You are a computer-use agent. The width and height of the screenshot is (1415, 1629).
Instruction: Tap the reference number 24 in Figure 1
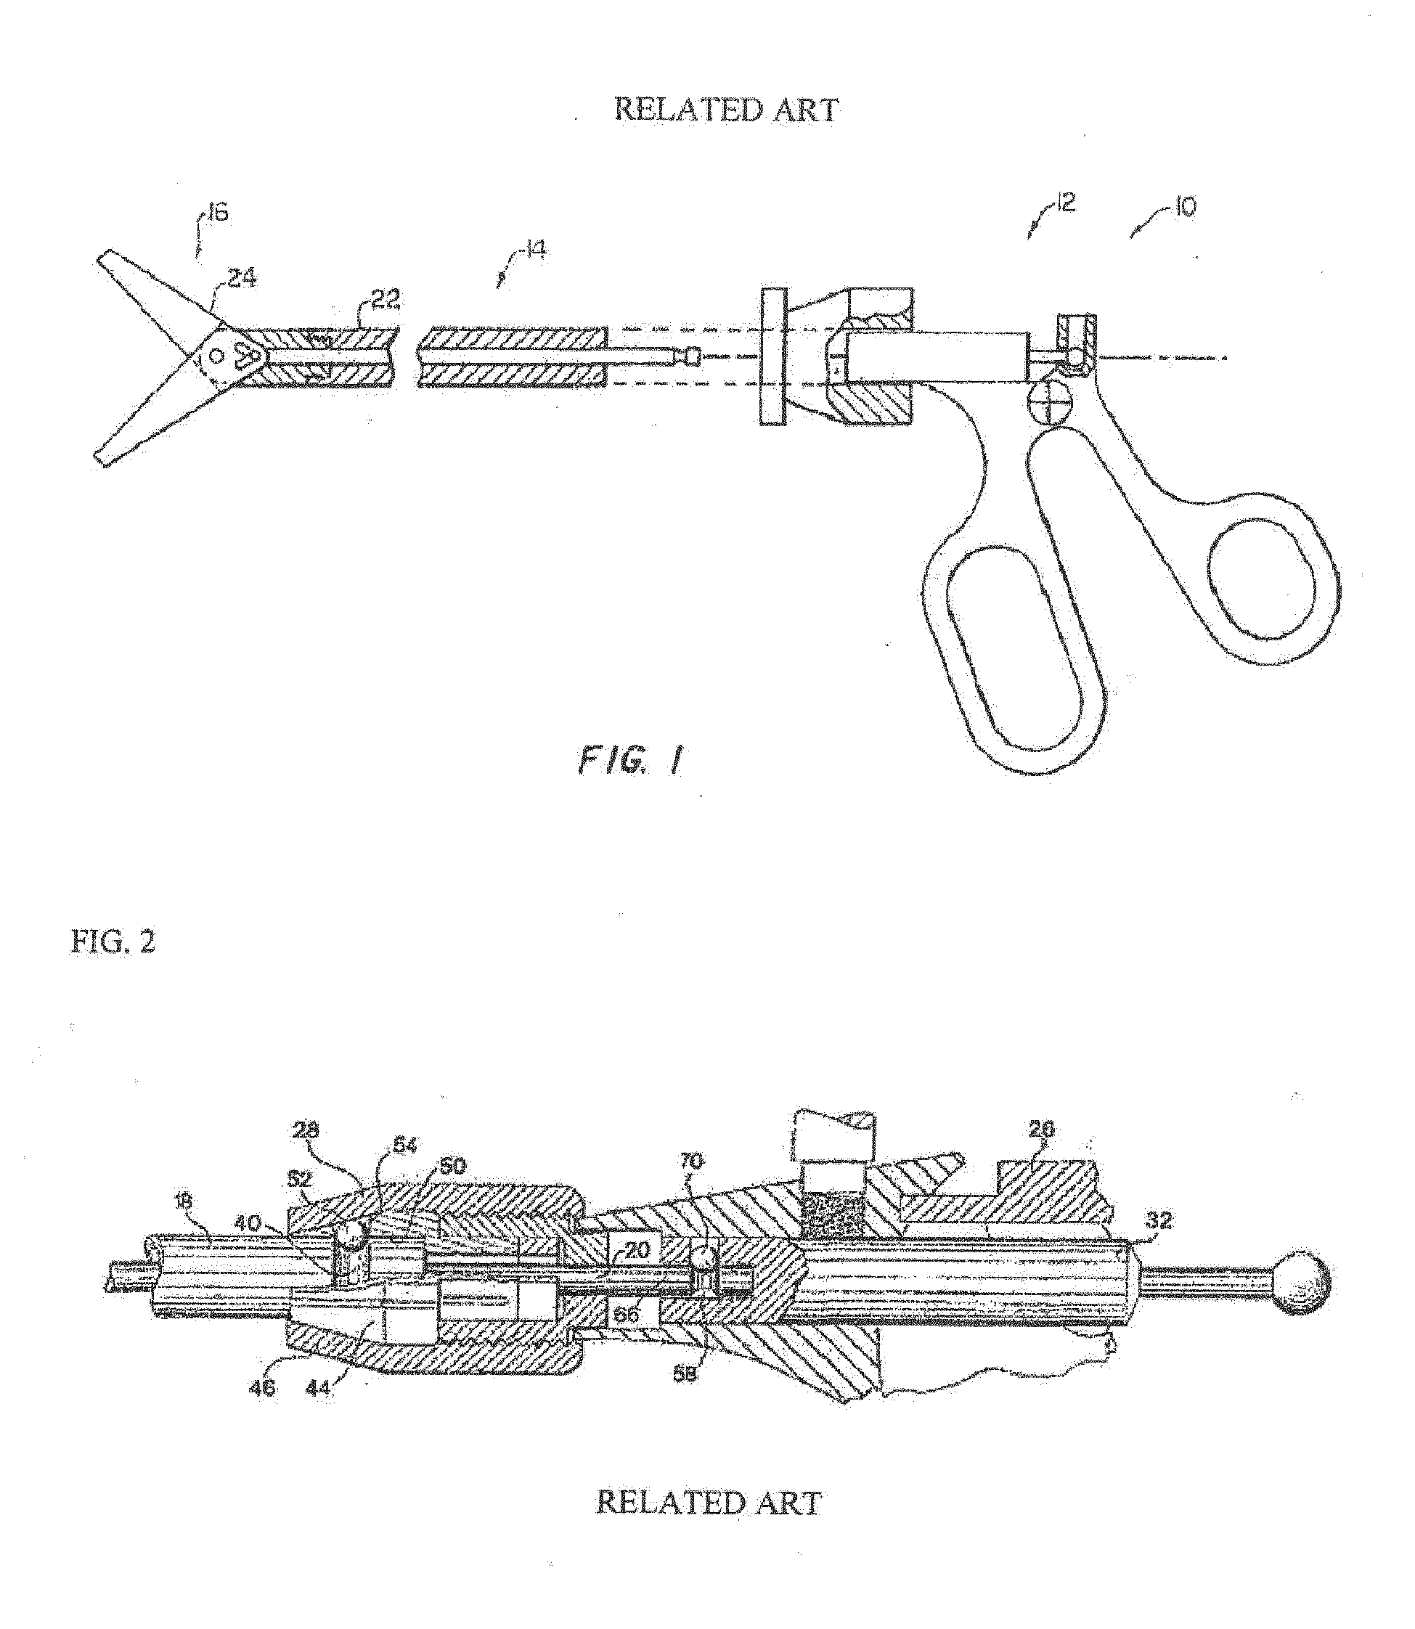(x=242, y=278)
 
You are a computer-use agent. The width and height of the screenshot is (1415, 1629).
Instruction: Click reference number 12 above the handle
(x=1066, y=204)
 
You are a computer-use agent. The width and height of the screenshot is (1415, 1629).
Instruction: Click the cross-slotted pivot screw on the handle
(x=1048, y=402)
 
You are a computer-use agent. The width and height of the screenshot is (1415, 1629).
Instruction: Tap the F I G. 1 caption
(x=629, y=762)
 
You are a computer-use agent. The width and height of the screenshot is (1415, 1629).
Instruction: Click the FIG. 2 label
(x=113, y=942)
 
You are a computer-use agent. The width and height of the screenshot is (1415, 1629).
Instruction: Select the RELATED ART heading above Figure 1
(x=726, y=110)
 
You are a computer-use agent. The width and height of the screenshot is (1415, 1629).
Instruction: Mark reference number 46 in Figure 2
(x=263, y=1387)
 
